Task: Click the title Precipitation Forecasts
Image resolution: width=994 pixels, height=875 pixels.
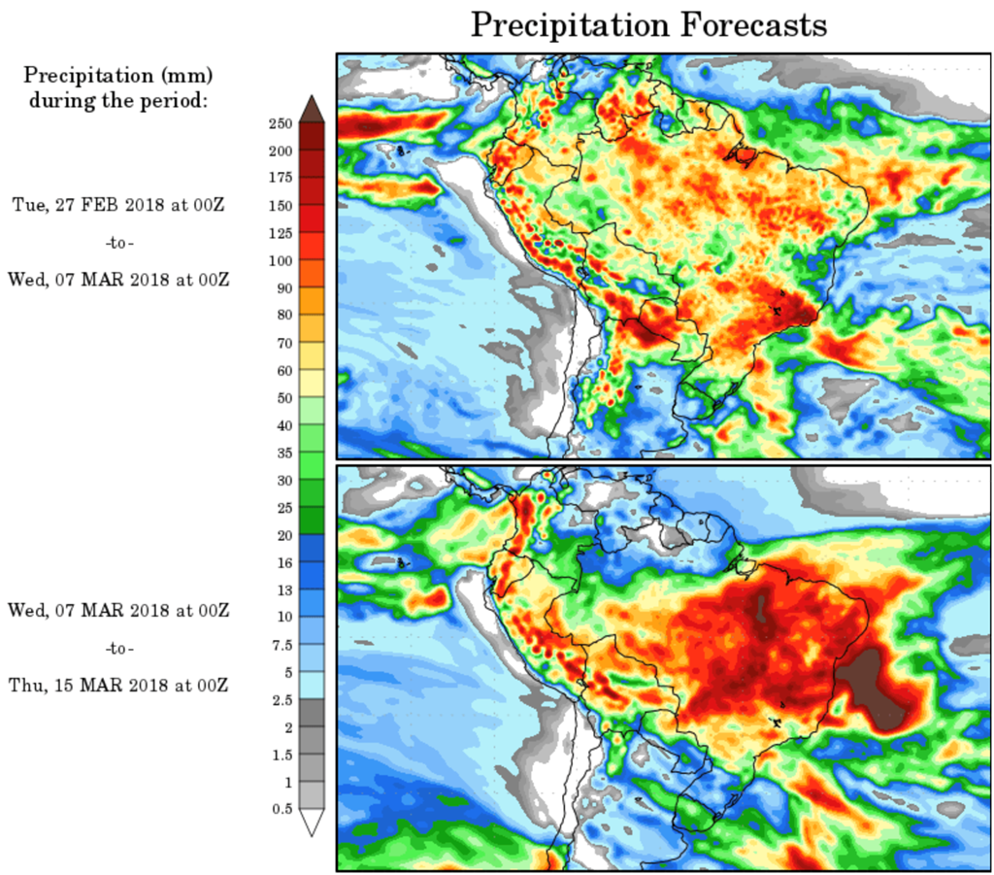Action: click(x=648, y=25)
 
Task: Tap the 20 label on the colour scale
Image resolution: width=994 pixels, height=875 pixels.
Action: click(x=283, y=534)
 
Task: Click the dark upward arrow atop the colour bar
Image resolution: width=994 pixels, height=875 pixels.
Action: click(x=312, y=108)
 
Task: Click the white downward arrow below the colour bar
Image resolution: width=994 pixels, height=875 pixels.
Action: click(x=312, y=823)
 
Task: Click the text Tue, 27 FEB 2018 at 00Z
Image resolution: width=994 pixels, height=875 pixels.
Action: click(x=119, y=204)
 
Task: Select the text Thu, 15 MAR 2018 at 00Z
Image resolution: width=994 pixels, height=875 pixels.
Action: click(x=118, y=685)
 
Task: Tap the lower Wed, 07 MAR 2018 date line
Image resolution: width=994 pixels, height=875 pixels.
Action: click(x=118, y=610)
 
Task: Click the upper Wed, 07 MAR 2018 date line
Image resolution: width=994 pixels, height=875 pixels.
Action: click(x=118, y=280)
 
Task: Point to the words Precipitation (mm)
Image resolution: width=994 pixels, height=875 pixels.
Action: click(x=118, y=75)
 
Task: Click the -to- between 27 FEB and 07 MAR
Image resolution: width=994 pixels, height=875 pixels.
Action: click(x=118, y=242)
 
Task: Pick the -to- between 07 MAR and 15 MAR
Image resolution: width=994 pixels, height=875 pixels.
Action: click(x=118, y=648)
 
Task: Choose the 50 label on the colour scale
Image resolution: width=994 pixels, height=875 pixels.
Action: click(x=283, y=397)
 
